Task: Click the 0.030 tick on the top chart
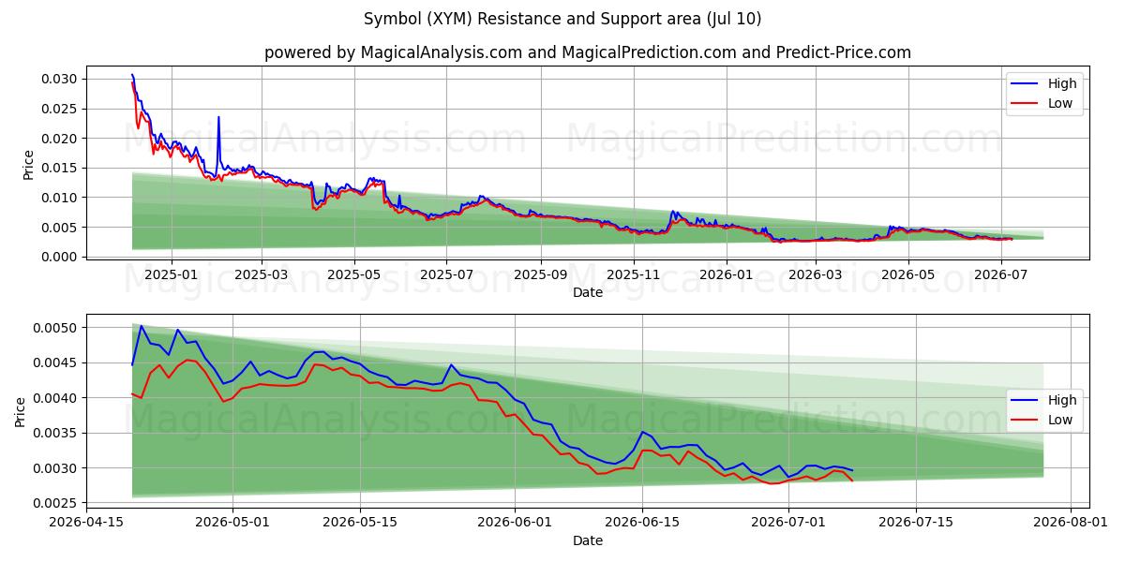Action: point(59,80)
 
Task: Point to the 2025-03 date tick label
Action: point(262,275)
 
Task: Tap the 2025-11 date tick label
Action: point(634,275)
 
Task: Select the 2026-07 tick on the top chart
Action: point(1001,275)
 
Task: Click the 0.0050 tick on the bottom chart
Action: point(55,328)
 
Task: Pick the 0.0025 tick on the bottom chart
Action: point(55,503)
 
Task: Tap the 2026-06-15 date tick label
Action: point(642,523)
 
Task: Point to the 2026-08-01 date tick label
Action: point(1071,523)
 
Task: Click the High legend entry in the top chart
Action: point(1044,83)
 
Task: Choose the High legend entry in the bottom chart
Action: point(1044,401)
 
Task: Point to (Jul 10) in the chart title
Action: point(734,19)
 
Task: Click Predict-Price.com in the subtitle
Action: point(843,52)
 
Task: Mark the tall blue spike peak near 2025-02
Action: point(218,117)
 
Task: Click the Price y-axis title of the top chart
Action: point(29,165)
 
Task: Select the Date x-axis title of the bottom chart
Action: point(588,541)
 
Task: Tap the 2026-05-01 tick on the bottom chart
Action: point(232,523)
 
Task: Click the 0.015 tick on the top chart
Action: point(59,168)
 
